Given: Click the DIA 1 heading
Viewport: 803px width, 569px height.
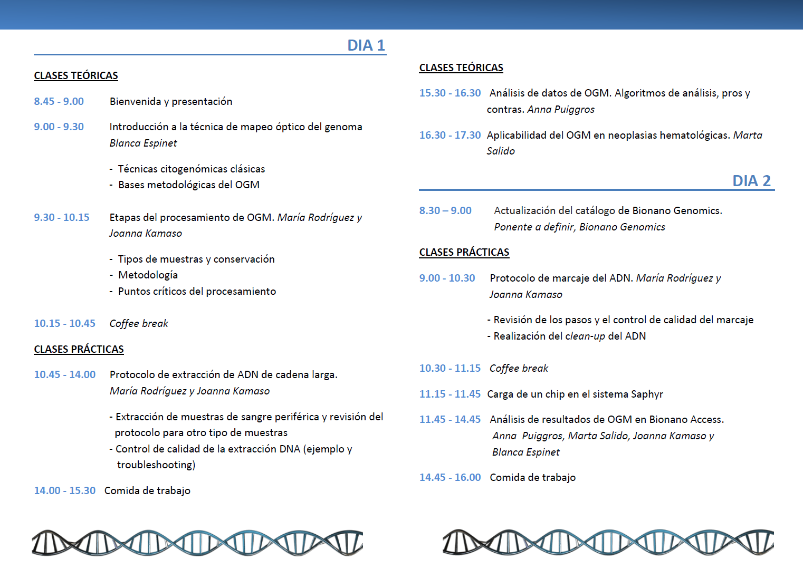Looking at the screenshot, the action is click(x=366, y=45).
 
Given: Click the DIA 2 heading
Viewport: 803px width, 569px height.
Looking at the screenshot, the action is click(x=751, y=181).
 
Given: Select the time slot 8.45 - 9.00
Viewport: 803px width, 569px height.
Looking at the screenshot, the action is click(x=59, y=101).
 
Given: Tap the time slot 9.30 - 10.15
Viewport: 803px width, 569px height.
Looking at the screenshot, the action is click(x=62, y=217).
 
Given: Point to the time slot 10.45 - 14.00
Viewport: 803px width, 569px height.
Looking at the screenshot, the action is click(x=65, y=374).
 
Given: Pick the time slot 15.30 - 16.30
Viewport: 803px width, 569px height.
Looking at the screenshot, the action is click(x=450, y=93).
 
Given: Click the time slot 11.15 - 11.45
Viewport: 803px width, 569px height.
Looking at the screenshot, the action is click(x=450, y=394).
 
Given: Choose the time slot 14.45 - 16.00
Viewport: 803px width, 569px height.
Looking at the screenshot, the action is click(x=450, y=477).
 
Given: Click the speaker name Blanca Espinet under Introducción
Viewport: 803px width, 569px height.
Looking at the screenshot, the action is click(x=143, y=143).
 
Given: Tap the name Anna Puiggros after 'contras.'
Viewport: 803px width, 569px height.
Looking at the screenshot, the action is click(x=561, y=109).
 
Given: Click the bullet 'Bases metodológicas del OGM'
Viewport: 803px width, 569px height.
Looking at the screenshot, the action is click(x=188, y=185).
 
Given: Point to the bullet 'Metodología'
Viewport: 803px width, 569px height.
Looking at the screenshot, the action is click(x=148, y=275).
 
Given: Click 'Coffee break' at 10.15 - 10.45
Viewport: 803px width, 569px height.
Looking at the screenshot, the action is click(x=139, y=323).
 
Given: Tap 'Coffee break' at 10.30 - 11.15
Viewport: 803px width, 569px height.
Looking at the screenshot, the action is click(x=519, y=368).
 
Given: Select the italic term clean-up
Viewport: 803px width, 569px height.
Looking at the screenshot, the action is click(x=585, y=336).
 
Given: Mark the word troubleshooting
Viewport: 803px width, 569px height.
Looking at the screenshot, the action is click(x=156, y=465).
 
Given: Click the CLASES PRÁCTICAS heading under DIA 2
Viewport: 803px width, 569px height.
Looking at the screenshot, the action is click(x=464, y=252).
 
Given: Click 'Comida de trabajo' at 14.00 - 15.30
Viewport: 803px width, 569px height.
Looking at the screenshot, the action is click(x=147, y=490).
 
